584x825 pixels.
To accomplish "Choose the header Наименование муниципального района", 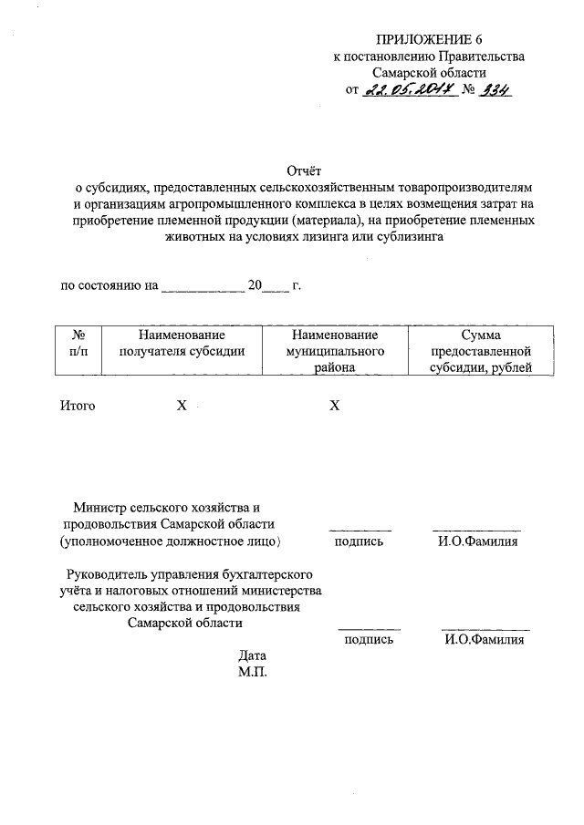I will click(334, 351).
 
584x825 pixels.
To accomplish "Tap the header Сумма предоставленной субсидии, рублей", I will click(481, 351).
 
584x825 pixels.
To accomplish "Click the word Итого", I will click(78, 406).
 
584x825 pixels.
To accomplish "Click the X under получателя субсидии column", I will click(182, 406).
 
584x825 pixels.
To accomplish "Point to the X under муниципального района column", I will click(334, 406).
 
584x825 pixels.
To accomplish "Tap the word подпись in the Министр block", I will click(359, 541).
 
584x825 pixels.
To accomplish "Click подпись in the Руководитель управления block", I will click(369, 641).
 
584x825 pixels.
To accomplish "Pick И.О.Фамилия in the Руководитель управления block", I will click(485, 641).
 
